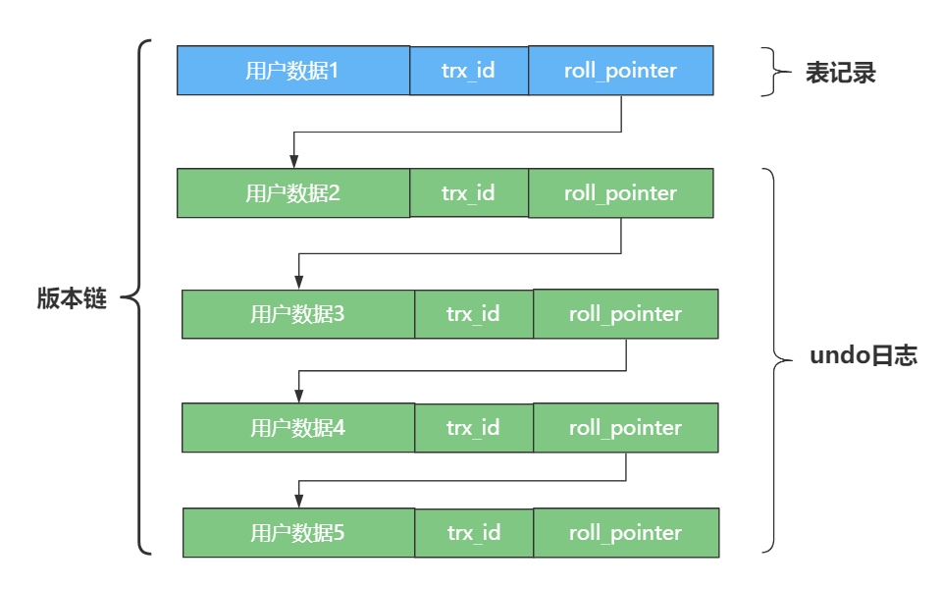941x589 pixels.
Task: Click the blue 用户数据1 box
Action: click(292, 71)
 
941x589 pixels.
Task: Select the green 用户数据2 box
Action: click(292, 193)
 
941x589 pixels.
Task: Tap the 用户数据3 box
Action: click(297, 314)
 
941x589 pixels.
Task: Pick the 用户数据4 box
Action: click(297, 428)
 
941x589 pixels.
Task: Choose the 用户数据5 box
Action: click(298, 533)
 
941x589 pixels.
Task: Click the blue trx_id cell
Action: click(468, 71)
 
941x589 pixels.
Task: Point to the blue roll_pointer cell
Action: click(620, 71)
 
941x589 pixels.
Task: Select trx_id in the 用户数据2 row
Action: click(468, 193)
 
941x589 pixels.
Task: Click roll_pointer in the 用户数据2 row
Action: click(620, 193)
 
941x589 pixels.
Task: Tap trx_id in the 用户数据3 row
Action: click(473, 314)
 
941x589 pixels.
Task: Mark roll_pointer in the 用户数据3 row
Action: click(625, 314)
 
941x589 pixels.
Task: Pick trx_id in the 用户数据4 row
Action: click(473, 428)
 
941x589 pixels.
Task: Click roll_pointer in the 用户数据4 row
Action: click(625, 428)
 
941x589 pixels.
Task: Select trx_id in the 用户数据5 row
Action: click(474, 533)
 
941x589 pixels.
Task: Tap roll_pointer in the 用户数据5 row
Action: click(625, 533)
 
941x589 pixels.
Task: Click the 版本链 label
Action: click(72, 300)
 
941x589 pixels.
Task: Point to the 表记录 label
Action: click(840, 74)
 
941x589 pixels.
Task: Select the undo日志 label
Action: click(863, 356)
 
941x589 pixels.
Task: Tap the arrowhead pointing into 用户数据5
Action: click(298, 501)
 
